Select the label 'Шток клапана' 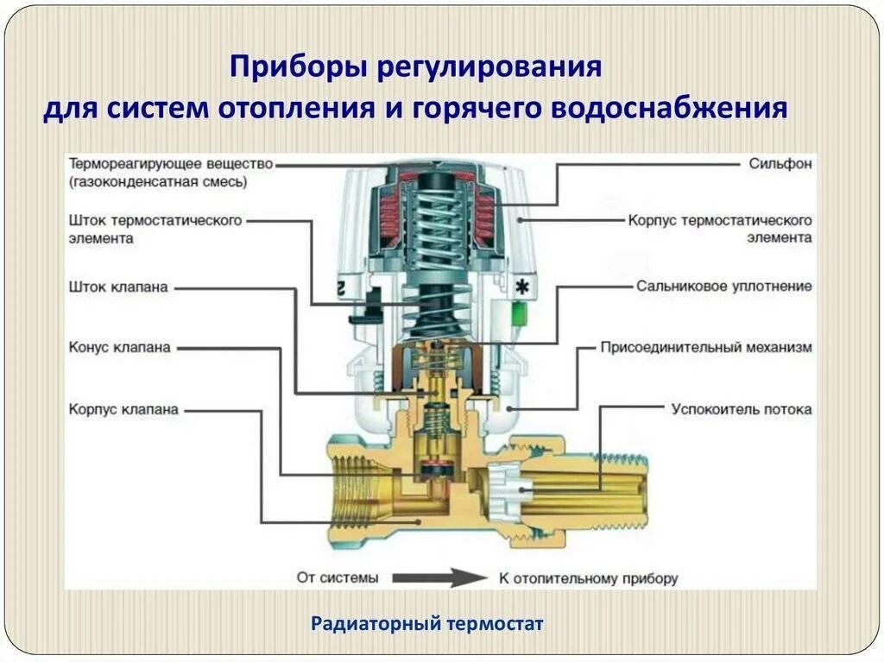[118, 287]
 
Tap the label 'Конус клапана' [120, 347]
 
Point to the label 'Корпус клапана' [123, 409]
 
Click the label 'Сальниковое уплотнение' [724, 286]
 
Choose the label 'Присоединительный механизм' [706, 347]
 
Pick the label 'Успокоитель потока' [742, 409]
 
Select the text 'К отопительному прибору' [588, 577]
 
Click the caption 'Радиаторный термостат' [427, 623]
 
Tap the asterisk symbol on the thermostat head [521, 285]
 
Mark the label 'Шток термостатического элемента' [155, 229]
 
